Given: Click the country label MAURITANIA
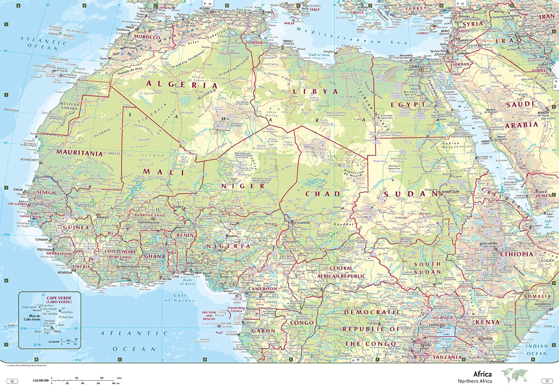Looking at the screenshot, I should [79, 153].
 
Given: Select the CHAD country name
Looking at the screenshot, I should [323, 194].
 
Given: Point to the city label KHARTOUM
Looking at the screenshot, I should [451, 192].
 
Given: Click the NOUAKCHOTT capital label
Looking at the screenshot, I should [29, 160].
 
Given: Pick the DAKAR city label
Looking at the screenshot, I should [18, 189].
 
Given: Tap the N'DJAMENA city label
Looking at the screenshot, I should [302, 223].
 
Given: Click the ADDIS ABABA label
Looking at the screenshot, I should [488, 244].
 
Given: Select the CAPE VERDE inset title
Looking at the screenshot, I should [59, 300].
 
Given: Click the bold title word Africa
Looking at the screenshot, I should [482, 374].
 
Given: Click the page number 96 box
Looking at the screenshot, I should [12, 381].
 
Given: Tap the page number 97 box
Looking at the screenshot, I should [547, 381].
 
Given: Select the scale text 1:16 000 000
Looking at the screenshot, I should [40, 380].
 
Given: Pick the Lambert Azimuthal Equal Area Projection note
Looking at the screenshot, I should [27, 366].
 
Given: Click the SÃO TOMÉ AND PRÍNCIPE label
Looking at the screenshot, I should [209, 316].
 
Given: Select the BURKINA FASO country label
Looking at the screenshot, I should [149, 215].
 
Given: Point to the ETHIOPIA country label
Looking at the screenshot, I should [517, 254].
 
